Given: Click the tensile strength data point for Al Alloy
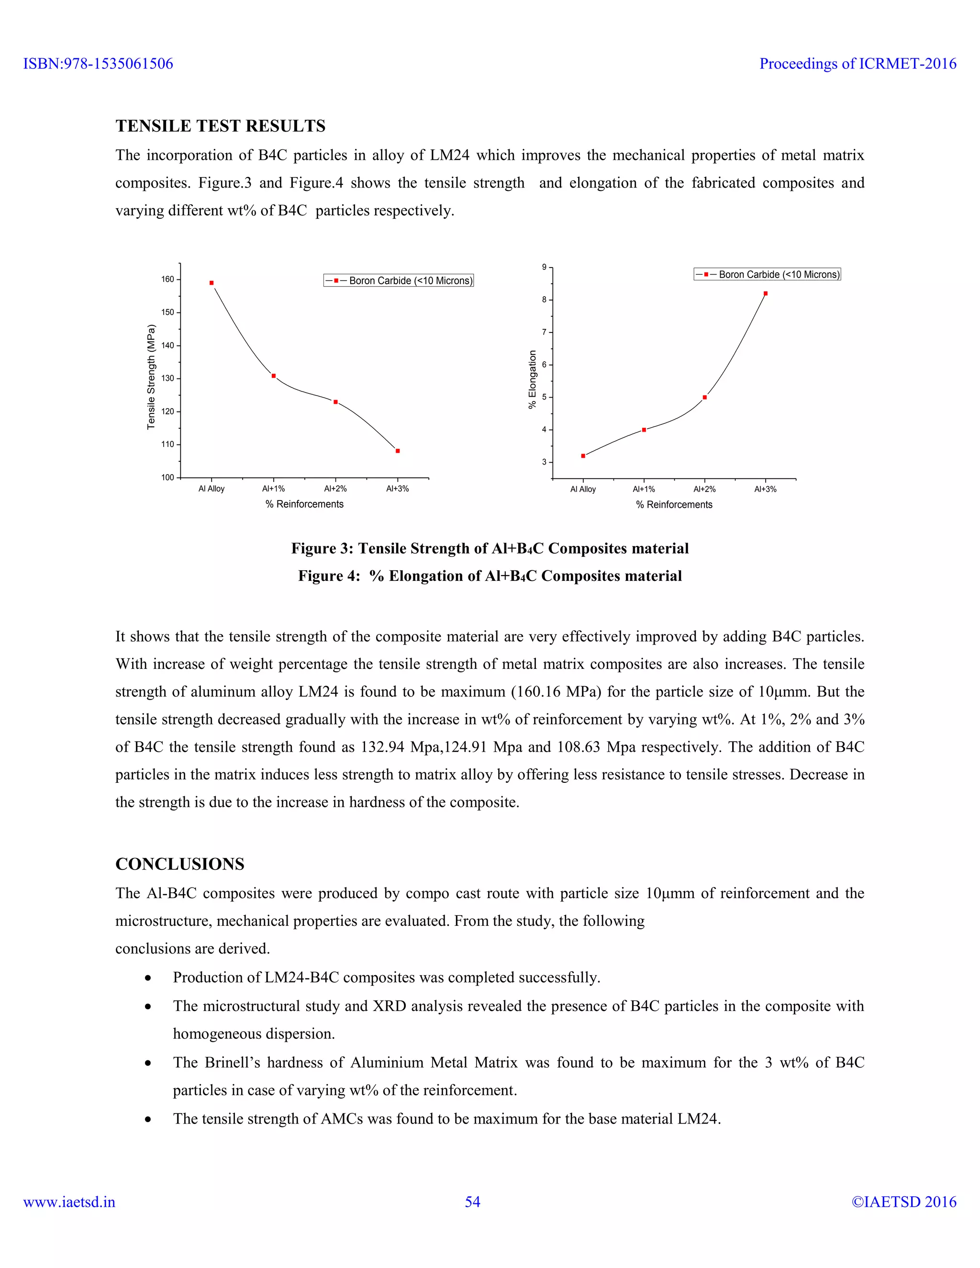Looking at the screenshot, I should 212,283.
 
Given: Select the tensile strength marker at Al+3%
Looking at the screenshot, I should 398,451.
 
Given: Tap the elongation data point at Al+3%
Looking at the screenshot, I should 765,294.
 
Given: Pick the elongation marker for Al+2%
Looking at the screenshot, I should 705,397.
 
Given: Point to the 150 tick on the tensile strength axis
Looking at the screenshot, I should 168,312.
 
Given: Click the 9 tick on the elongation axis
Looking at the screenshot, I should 544,267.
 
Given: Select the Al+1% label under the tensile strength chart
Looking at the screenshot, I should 273,489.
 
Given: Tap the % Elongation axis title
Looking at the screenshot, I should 532,380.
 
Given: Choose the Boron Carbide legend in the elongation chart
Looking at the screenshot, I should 767,275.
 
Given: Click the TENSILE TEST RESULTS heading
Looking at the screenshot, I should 220,126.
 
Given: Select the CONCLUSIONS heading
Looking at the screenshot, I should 179,864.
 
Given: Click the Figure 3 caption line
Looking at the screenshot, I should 490,549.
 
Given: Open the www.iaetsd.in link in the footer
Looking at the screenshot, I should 69,1202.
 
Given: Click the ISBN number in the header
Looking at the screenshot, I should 98,64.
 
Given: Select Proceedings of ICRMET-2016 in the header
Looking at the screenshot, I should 857,64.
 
